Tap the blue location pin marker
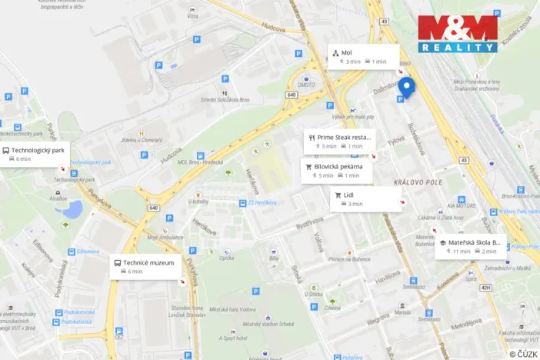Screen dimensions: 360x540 [406, 86]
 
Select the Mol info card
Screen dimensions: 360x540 [363, 57]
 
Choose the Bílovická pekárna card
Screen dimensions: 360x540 [337, 171]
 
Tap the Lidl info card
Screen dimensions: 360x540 [367, 199]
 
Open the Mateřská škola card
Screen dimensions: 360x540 [469, 246]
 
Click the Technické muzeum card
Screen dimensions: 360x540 [146, 266]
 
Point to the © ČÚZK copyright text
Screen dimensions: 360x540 [523, 354]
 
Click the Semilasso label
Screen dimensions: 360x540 [413, 286]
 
